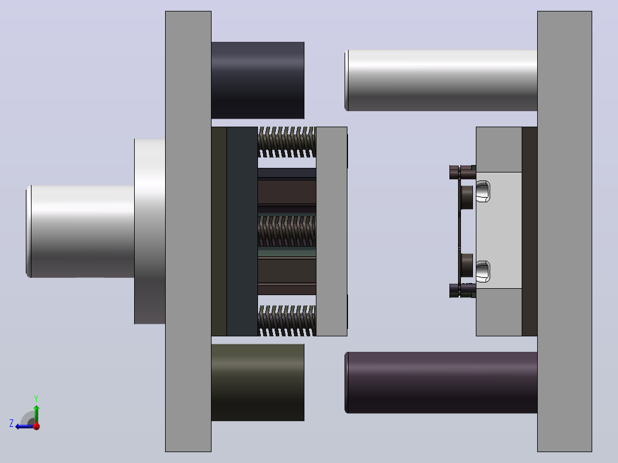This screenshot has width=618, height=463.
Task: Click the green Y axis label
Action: (x=36, y=398)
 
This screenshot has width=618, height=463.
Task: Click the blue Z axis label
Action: (x=11, y=423)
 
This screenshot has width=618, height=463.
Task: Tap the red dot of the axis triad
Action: (x=37, y=426)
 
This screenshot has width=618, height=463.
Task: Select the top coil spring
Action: (x=287, y=142)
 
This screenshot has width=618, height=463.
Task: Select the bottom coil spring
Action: (x=287, y=320)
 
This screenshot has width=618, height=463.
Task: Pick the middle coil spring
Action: (x=287, y=231)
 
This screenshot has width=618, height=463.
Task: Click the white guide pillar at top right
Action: (x=441, y=80)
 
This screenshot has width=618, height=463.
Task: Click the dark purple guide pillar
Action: (x=441, y=383)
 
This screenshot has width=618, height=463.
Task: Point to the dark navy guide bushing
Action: (x=258, y=80)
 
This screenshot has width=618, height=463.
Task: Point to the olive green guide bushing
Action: (x=258, y=382)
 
